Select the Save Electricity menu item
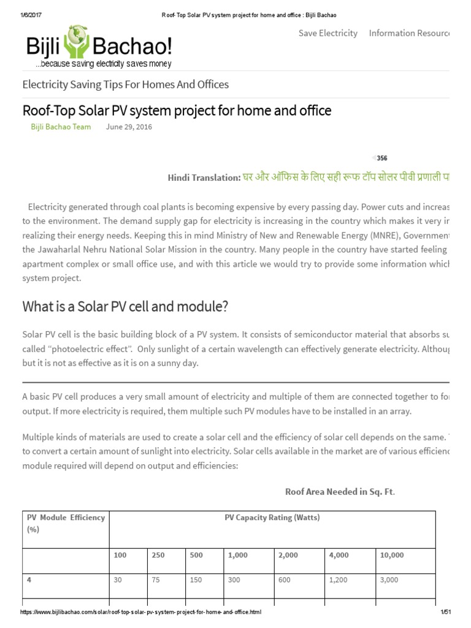(x=327, y=33)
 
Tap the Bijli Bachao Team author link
(x=61, y=127)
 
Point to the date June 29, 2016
(x=129, y=127)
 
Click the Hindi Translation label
(x=204, y=177)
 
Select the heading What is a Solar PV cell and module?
(x=125, y=307)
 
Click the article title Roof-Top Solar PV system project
(x=177, y=110)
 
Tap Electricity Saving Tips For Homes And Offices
(x=126, y=84)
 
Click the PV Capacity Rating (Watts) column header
(x=272, y=518)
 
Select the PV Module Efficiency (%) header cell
(x=66, y=523)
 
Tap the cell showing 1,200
(x=339, y=580)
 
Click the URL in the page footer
(x=141, y=613)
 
